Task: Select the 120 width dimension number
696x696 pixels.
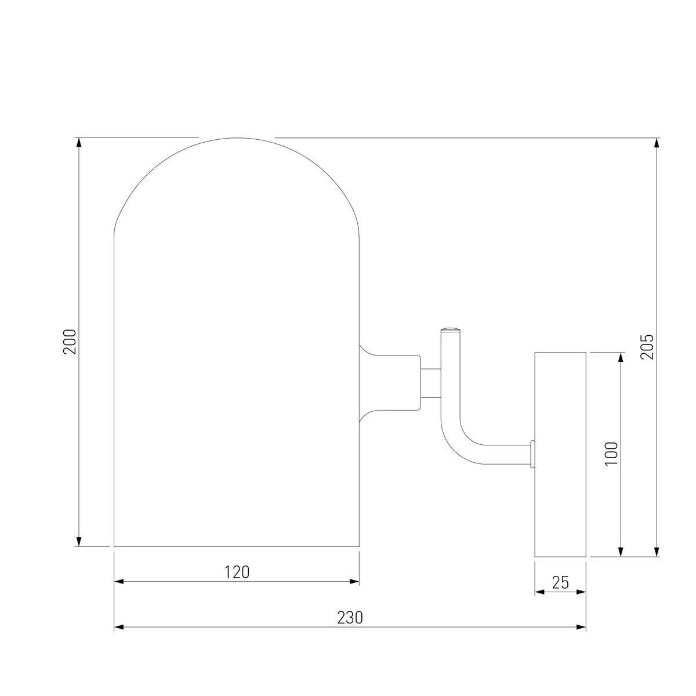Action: click(x=237, y=572)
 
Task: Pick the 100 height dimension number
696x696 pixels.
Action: click(x=611, y=454)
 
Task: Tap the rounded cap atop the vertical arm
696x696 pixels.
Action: click(x=451, y=330)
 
